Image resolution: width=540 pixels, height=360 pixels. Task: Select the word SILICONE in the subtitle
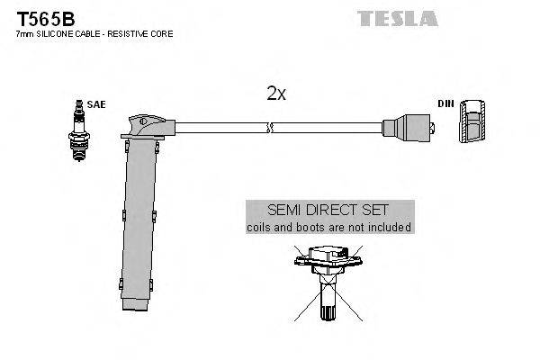pos(49,33)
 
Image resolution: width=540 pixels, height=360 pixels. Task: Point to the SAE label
pos(95,104)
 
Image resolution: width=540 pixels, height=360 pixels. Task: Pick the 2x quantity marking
pos(275,93)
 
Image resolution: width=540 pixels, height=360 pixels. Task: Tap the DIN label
pos(445,104)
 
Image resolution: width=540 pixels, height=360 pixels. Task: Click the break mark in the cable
pos(268,128)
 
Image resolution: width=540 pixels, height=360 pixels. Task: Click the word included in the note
pos(389,227)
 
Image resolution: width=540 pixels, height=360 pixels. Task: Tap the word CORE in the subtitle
pos(162,33)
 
